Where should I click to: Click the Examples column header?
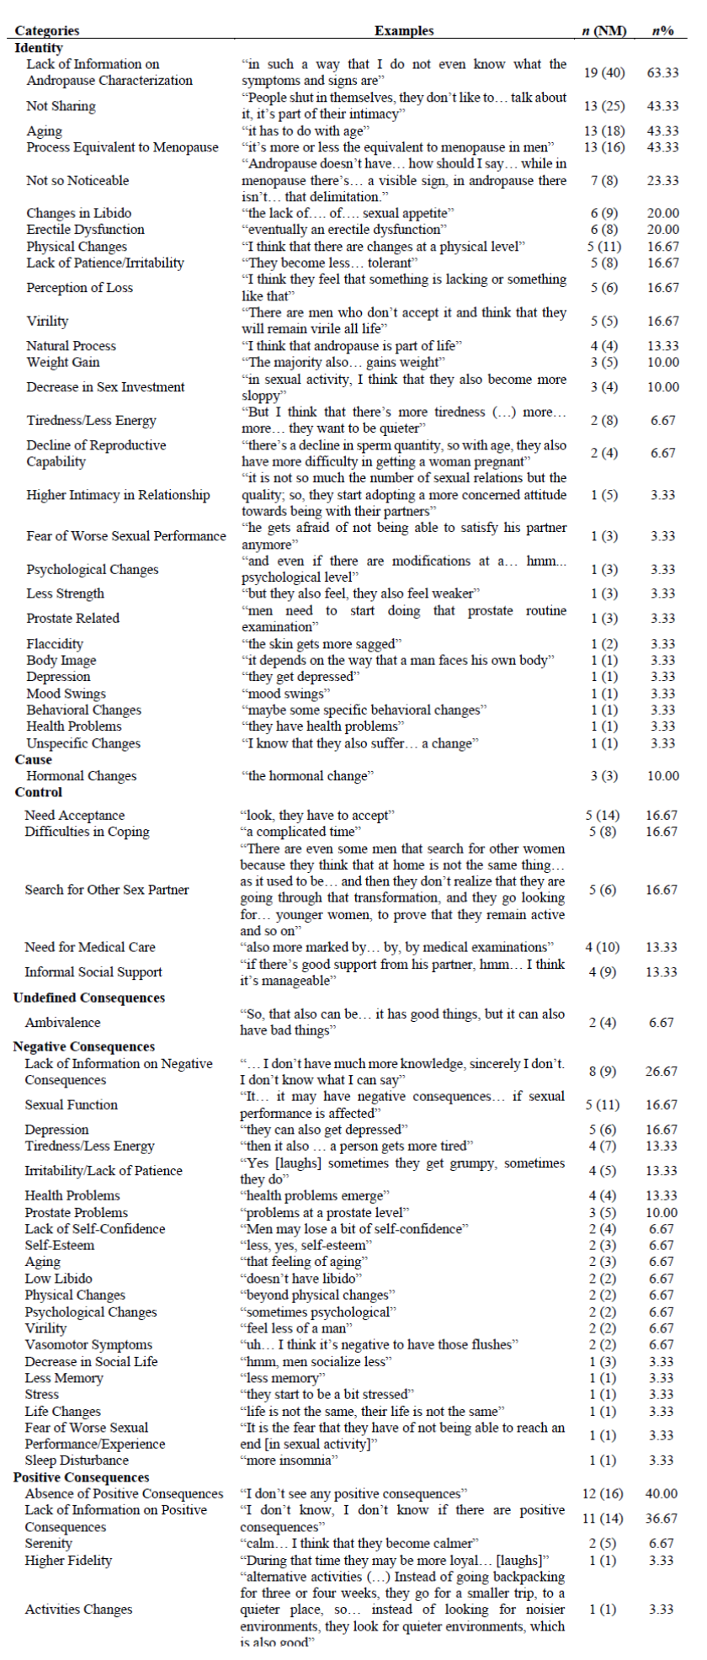coord(404,30)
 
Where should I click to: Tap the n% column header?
coord(663,30)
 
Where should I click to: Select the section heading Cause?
coord(34,759)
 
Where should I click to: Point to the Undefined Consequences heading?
coord(89,998)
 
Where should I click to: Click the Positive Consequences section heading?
coord(82,1477)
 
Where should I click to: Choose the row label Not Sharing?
coord(61,106)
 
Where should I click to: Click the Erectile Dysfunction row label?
coord(85,230)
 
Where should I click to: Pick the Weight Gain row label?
coord(62,362)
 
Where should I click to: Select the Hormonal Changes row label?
coord(81,776)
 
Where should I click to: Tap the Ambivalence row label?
coord(62,1023)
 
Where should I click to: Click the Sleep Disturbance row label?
coord(77,1460)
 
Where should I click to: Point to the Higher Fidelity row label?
coord(68,1561)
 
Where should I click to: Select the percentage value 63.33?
coord(663,72)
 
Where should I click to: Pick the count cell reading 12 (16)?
coord(603,1494)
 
